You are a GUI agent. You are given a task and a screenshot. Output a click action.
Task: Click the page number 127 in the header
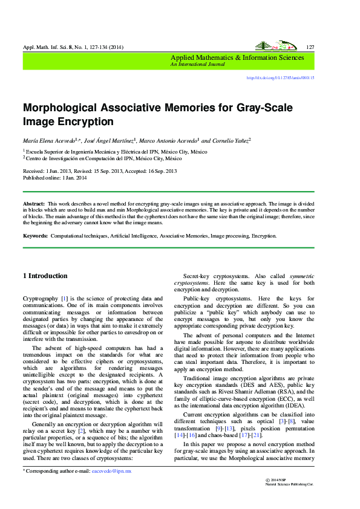click(x=310, y=47)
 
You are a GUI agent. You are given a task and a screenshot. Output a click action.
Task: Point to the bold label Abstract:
click(x=34, y=205)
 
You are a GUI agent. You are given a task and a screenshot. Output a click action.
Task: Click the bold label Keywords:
click(x=36, y=236)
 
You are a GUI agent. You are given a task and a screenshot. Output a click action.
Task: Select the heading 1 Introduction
click(x=45, y=276)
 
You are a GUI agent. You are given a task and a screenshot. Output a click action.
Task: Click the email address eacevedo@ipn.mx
click(x=116, y=470)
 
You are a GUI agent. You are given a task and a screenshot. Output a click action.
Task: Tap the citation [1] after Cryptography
click(x=64, y=299)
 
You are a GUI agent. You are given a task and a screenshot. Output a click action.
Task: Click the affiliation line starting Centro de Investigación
click(x=103, y=158)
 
